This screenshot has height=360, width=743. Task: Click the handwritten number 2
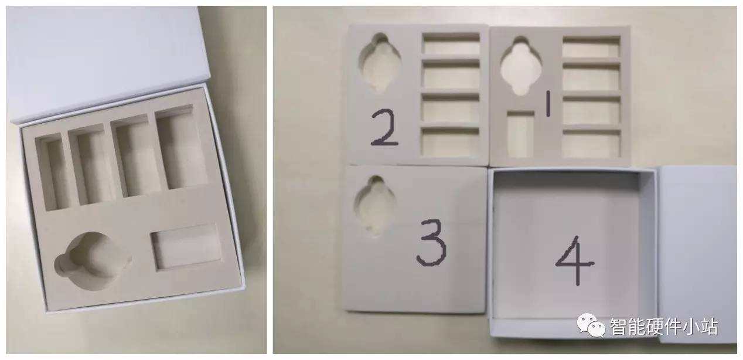(384, 128)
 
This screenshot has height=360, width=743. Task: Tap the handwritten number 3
(431, 243)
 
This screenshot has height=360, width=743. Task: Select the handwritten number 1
(548, 104)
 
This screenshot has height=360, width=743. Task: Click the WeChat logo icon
(591, 325)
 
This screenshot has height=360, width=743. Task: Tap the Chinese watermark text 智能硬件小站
(664, 327)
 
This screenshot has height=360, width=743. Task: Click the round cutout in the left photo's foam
(92, 261)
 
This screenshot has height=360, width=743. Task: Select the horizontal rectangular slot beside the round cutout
(186, 246)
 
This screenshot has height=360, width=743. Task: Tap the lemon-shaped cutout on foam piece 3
(375, 206)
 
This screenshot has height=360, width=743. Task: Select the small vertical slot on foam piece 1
(521, 134)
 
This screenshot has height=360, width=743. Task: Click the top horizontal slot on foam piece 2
(451, 43)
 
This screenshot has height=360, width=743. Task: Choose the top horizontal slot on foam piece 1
(591, 47)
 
